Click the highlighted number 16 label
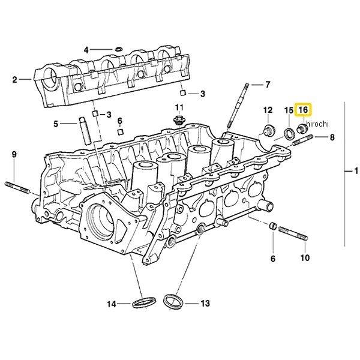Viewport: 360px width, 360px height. tap(304, 110)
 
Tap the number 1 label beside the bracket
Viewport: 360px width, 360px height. tap(350, 173)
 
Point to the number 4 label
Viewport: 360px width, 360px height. tap(86, 49)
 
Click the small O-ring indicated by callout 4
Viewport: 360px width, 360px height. tap(118, 48)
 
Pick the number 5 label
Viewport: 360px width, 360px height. tap(56, 124)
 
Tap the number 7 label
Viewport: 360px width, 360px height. tap(268, 85)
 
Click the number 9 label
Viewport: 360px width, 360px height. tap(14, 156)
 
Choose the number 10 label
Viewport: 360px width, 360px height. tap(304, 259)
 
